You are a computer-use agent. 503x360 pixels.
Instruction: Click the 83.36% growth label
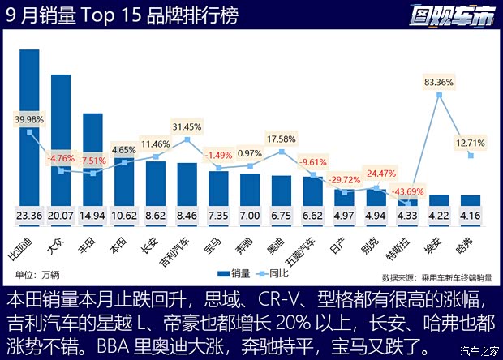click(x=439, y=82)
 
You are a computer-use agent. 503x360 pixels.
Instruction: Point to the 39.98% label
click(x=29, y=119)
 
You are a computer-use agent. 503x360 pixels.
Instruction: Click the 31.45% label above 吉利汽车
click(x=187, y=126)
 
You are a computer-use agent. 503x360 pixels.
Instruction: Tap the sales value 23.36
click(x=30, y=216)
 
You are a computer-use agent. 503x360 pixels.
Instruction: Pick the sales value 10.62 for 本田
click(x=124, y=216)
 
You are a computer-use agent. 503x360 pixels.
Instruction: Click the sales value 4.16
click(x=470, y=216)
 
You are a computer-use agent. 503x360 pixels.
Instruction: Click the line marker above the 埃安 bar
click(x=439, y=95)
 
